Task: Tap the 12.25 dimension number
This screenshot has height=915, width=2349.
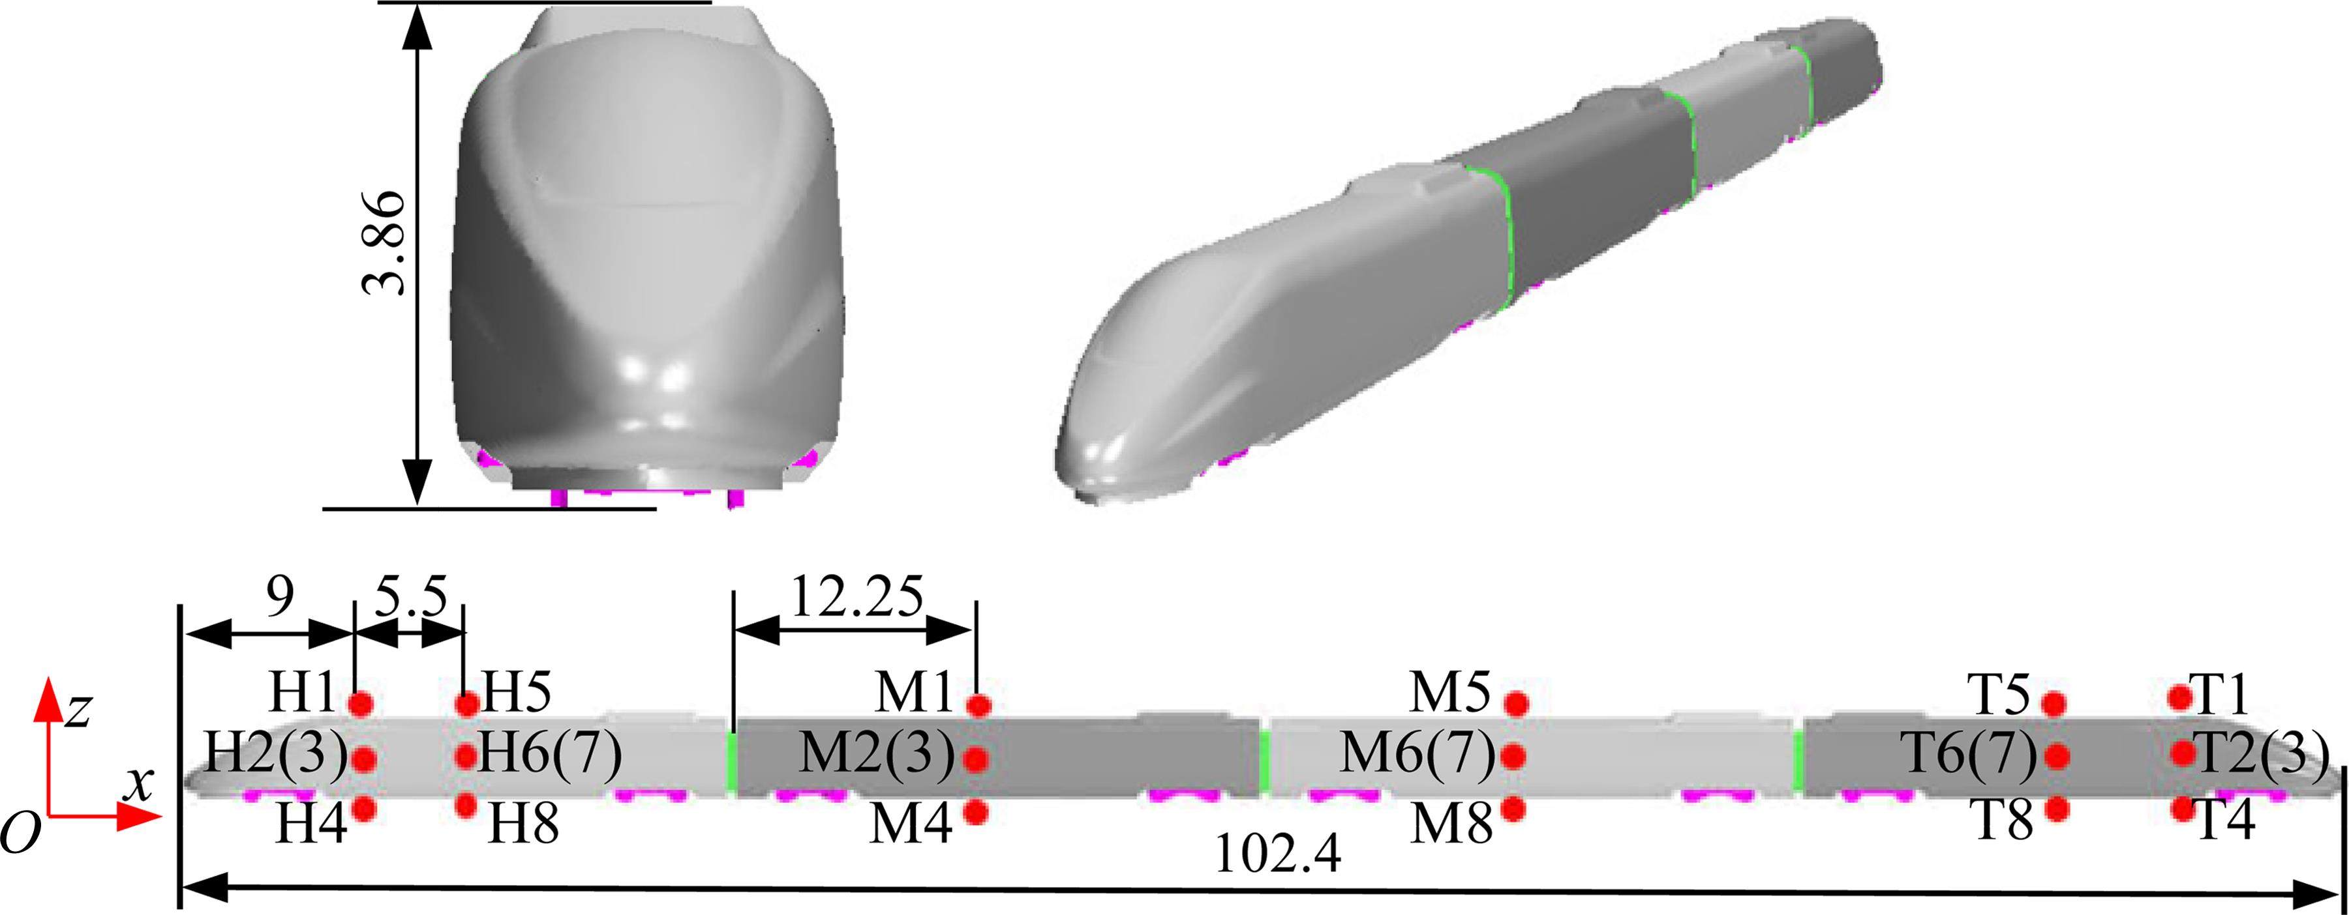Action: pyautogui.click(x=857, y=597)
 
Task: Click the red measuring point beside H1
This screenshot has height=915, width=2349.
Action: pyautogui.click(x=362, y=704)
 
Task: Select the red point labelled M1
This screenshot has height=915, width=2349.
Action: pyautogui.click(x=978, y=704)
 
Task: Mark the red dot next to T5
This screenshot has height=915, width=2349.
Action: pyautogui.click(x=2054, y=704)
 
